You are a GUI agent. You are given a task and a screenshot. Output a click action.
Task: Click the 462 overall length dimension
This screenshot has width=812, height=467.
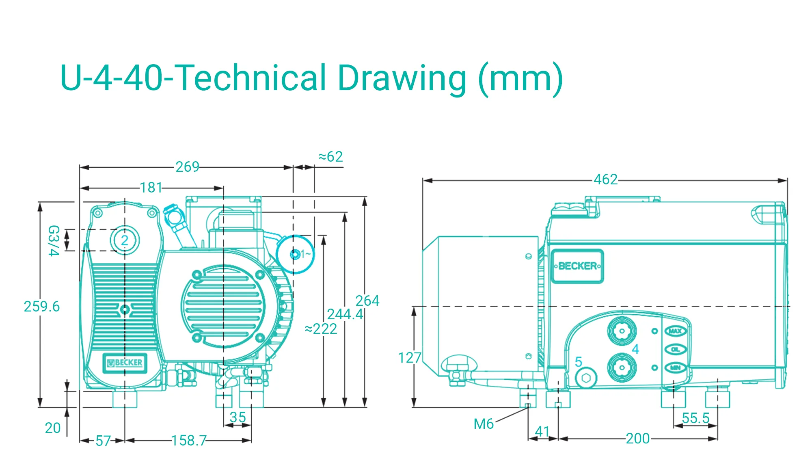[605, 179]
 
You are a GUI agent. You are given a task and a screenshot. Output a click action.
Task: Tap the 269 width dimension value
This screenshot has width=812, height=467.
[187, 167]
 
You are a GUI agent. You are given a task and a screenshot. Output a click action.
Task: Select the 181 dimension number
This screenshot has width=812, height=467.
[151, 188]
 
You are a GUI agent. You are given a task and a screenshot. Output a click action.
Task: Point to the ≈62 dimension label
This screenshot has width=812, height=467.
[330, 157]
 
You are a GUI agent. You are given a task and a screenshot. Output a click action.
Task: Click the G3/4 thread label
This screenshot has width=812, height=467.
[54, 241]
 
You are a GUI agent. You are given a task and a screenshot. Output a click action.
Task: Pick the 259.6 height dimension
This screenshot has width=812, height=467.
[41, 307]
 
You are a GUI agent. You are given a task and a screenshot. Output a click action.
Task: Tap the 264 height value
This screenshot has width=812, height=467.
[367, 301]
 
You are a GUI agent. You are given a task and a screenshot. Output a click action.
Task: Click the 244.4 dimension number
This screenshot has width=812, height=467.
[345, 314]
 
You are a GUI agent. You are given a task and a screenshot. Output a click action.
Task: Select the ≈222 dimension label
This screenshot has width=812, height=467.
[321, 329]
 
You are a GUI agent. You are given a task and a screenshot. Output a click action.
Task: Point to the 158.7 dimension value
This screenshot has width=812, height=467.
[189, 441]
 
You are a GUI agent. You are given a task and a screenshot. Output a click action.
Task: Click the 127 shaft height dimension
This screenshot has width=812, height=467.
[409, 358]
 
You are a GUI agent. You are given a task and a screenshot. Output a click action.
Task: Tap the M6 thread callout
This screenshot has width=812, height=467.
[484, 424]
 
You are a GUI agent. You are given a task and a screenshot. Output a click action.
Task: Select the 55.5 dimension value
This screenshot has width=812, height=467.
[695, 418]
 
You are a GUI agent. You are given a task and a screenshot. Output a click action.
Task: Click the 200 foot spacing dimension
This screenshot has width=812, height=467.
[637, 439]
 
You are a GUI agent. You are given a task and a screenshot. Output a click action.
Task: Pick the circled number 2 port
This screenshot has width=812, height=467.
[125, 240]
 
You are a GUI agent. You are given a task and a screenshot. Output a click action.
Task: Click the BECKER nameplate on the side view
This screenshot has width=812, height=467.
[577, 266]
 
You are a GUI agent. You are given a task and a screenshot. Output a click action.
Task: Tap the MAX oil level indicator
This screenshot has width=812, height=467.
[675, 331]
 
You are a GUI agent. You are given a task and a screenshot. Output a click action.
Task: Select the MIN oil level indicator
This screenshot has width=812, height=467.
[675, 368]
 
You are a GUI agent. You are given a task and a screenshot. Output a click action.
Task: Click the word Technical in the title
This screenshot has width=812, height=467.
[252, 78]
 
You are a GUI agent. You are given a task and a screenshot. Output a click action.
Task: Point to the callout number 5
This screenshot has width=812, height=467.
[579, 362]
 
